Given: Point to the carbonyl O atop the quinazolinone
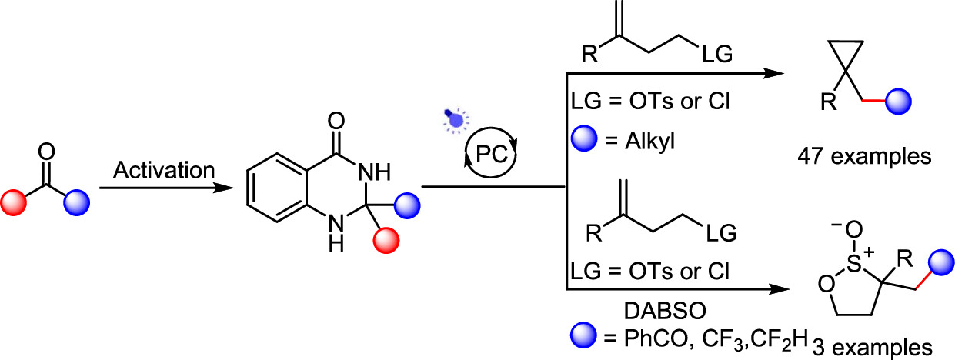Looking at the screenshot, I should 332,122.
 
